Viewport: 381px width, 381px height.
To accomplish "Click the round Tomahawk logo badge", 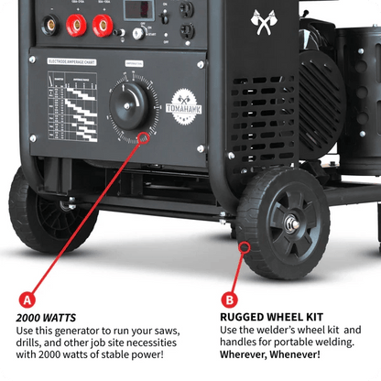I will tap(185, 100).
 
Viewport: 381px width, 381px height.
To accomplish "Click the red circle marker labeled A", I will tap(27, 298).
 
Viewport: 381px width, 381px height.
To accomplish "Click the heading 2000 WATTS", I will tap(44, 318).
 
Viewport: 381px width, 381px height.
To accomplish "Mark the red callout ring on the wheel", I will tap(245, 247).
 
